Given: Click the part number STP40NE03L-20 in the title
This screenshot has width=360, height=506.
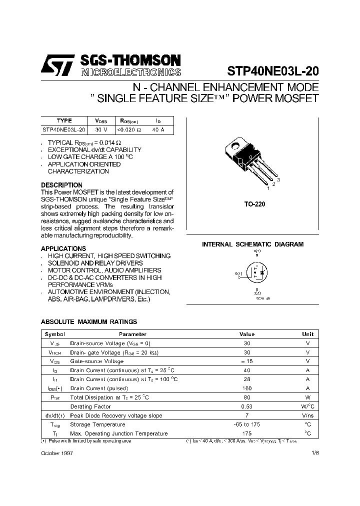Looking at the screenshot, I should (x=273, y=71).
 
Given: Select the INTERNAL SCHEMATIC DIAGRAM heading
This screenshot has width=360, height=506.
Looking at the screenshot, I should (x=252, y=244).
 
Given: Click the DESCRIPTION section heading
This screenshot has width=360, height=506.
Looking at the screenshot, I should (x=61, y=185).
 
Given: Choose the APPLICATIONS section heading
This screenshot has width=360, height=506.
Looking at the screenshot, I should (x=63, y=248).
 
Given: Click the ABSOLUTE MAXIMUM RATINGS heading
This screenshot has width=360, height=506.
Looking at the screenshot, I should (x=88, y=322).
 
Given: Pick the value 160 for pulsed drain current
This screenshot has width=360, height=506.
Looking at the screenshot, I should (x=247, y=388).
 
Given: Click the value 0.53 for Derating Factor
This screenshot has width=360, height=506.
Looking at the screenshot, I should (x=247, y=406).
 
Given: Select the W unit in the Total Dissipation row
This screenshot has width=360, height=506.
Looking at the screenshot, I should (x=307, y=397).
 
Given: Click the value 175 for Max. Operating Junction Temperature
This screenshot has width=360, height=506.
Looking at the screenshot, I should (x=247, y=433).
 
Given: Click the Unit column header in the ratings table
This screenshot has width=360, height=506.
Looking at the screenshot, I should (x=307, y=334).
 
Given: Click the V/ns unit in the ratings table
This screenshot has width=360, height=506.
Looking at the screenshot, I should (x=307, y=415).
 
